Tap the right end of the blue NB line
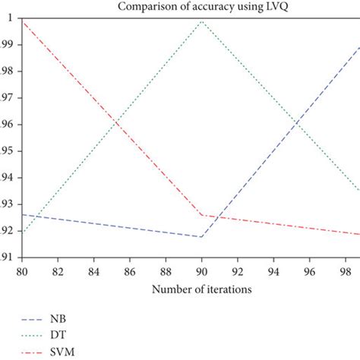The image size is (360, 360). [x=359, y=47]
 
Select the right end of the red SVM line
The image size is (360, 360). [x=359, y=234]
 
